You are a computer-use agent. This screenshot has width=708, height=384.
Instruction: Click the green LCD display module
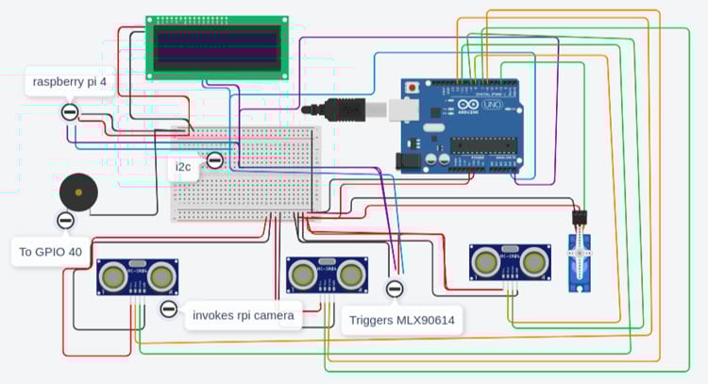(217, 45)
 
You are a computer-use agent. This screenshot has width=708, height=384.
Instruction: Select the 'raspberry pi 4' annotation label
(70, 82)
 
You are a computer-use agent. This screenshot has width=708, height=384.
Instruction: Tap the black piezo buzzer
(77, 193)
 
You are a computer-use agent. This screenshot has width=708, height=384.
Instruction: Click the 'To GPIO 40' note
(51, 252)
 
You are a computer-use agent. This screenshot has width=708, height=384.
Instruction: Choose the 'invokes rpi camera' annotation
(243, 314)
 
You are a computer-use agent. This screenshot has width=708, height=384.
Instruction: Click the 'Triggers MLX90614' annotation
(402, 321)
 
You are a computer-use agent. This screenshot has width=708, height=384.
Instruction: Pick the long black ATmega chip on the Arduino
(484, 145)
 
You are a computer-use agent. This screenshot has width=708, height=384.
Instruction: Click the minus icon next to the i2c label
(215, 159)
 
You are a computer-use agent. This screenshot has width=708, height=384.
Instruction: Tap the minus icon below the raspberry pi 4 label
(70, 111)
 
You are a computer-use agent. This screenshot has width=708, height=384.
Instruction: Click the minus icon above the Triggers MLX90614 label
(395, 288)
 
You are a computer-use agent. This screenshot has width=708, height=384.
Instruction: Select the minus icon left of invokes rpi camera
(169, 309)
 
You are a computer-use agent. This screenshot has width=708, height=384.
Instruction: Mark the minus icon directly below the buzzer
(65, 221)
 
